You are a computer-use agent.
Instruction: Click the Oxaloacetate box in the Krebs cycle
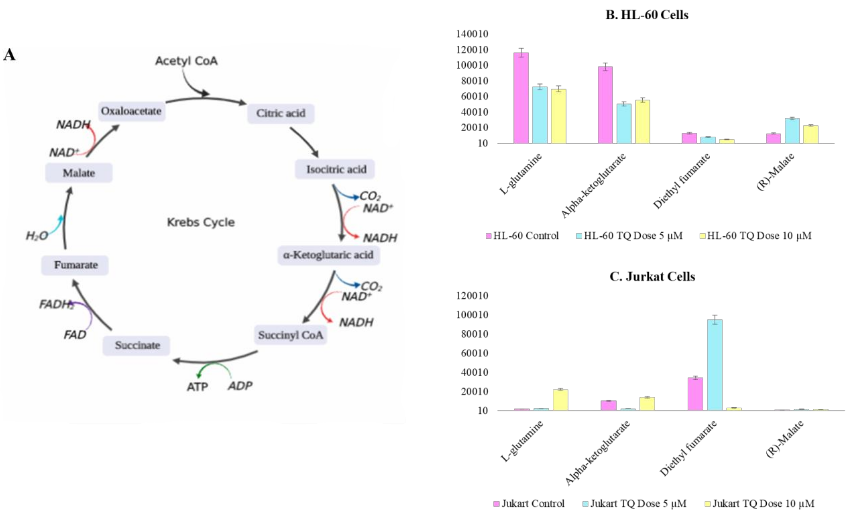(x=131, y=111)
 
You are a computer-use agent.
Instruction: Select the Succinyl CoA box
(x=290, y=335)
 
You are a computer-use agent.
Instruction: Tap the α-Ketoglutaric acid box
(x=328, y=255)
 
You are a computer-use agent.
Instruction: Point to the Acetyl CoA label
(x=186, y=61)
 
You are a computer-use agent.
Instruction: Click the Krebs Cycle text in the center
(x=201, y=222)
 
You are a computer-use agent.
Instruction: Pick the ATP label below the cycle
(x=197, y=387)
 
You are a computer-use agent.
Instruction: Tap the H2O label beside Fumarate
(x=37, y=236)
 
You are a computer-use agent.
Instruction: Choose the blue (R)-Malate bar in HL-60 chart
(x=792, y=131)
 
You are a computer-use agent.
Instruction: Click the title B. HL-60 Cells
(x=647, y=15)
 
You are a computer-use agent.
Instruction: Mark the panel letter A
(x=9, y=55)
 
